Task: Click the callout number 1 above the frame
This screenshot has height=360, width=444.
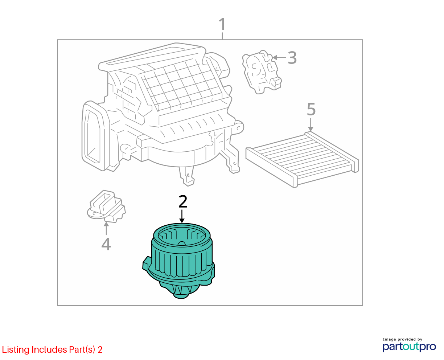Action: point(222,24)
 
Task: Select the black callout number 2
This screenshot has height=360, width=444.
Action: point(183,201)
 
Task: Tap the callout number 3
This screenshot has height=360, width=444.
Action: point(292,58)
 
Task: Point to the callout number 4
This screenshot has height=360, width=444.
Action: point(106,244)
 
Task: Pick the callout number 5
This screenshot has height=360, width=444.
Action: point(311,109)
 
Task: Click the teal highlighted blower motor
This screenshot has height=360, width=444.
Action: point(179,261)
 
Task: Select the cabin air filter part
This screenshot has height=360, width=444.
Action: point(302,159)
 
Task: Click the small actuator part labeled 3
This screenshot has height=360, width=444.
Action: point(262,72)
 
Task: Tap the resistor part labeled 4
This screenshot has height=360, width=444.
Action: point(106,206)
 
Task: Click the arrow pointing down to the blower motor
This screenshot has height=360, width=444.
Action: point(182,216)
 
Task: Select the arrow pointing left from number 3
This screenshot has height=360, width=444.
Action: point(279,58)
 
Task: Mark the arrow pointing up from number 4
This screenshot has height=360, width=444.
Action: point(106,229)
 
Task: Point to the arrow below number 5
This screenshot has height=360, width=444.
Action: point(311,125)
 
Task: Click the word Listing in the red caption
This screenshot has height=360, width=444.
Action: point(16,350)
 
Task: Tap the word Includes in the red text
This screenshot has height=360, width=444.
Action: point(49,349)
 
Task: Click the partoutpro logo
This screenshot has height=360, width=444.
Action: point(409,347)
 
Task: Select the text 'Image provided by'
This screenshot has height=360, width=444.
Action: point(403,339)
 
